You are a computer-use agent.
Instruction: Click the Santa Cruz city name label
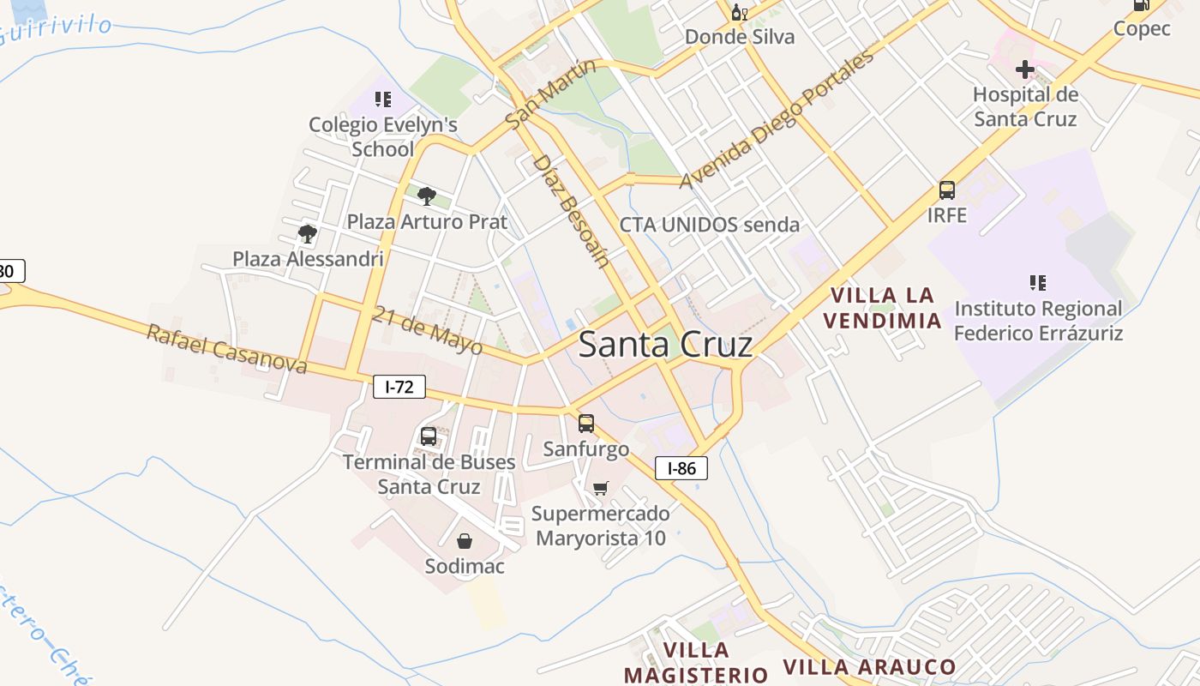pyautogui.click(x=665, y=345)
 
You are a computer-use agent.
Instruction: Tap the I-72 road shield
pyautogui.click(x=399, y=387)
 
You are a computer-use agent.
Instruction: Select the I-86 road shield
pyautogui.click(x=681, y=468)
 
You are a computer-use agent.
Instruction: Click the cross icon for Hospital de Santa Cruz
pyautogui.click(x=1024, y=69)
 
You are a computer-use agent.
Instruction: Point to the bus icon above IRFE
pyautogui.click(x=946, y=190)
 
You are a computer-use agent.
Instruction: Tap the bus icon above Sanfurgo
pyautogui.click(x=586, y=423)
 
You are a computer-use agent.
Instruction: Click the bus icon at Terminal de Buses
pyautogui.click(x=429, y=436)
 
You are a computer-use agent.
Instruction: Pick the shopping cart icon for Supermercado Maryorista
pyautogui.click(x=601, y=488)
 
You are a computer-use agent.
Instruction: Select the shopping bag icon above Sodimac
pyautogui.click(x=464, y=541)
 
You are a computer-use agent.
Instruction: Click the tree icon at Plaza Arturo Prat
pyautogui.click(x=426, y=196)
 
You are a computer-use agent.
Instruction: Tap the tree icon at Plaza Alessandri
pyautogui.click(x=307, y=233)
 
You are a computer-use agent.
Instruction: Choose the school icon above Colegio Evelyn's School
pyautogui.click(x=382, y=99)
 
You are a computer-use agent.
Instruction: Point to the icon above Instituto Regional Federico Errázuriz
pyautogui.click(x=1038, y=282)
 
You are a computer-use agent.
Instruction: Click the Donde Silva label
pyautogui.click(x=739, y=37)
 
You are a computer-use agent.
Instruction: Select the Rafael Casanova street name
pyautogui.click(x=226, y=349)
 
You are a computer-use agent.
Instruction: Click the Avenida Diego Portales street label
pyautogui.click(x=777, y=119)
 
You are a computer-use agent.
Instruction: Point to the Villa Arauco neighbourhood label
pyautogui.click(x=869, y=667)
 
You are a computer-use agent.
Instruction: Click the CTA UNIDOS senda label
pyautogui.click(x=709, y=225)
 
